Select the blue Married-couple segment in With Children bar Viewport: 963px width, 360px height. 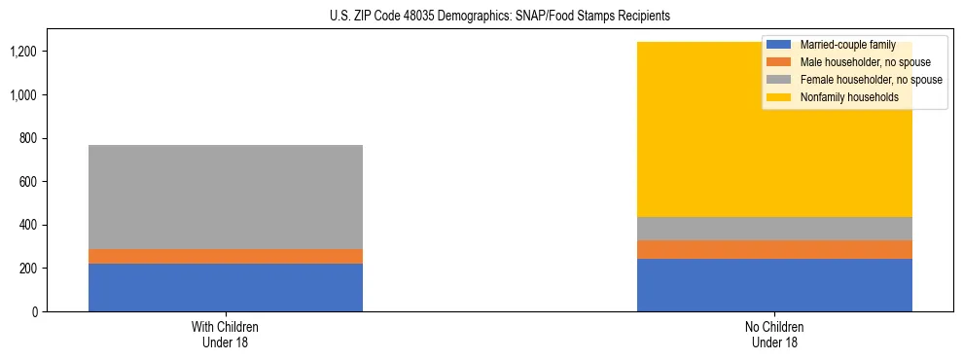[x=226, y=287]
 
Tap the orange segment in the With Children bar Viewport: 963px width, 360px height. [x=226, y=256]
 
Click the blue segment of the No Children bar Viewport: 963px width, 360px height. [x=774, y=285]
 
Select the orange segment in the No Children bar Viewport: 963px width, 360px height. [x=774, y=249]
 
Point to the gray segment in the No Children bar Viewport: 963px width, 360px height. [x=774, y=228]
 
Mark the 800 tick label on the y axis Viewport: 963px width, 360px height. [x=28, y=138]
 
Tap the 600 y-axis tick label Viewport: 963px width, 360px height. [x=28, y=182]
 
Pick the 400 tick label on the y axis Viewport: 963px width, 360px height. [x=28, y=225]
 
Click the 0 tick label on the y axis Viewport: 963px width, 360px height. [x=34, y=311]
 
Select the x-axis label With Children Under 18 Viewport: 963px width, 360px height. [x=226, y=334]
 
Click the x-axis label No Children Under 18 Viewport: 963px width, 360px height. [x=774, y=334]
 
